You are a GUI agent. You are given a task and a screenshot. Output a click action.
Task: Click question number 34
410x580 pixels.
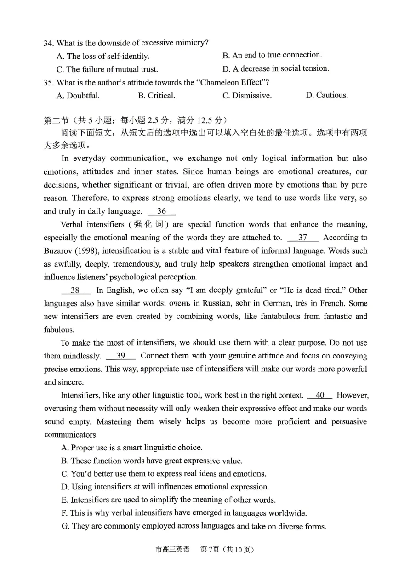coord(48,43)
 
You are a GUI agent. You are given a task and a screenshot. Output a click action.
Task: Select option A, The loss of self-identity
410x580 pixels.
coord(103,57)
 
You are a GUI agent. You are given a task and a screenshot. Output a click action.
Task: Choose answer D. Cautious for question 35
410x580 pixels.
coord(327,96)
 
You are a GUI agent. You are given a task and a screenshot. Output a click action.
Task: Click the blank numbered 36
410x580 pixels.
coord(162,211)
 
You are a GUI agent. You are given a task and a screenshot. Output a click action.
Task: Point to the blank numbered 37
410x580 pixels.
coord(302,238)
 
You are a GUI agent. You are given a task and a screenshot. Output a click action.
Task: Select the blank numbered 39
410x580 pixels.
coord(121,356)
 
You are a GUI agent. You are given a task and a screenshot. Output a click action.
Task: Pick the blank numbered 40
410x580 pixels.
coord(320,395)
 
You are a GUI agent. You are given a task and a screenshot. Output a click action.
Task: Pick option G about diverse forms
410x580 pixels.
coord(194,526)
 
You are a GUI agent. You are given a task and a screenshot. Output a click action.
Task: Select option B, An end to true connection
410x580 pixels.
coord(272,55)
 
